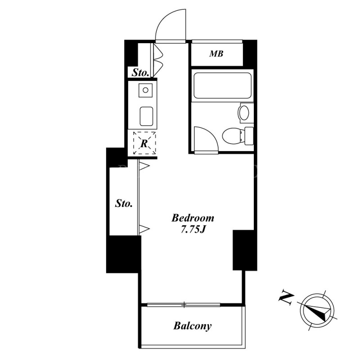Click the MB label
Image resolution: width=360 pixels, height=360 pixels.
click(x=216, y=54)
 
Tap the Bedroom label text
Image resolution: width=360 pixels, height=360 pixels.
click(x=193, y=218)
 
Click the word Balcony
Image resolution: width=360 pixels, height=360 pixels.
click(x=193, y=326)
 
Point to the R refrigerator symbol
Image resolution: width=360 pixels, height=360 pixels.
click(x=144, y=143)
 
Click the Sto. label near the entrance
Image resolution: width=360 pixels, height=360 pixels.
click(x=140, y=73)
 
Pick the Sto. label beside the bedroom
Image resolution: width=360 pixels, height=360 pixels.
click(x=124, y=203)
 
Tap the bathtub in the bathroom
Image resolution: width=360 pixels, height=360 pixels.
click(x=222, y=85)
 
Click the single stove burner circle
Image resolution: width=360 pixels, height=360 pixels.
click(x=145, y=90)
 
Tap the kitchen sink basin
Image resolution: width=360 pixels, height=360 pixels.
click(x=147, y=116)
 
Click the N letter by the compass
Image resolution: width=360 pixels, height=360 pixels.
click(x=286, y=299)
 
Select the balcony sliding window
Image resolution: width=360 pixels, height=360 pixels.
click(x=184, y=305)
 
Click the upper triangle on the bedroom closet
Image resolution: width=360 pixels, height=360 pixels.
click(x=144, y=166)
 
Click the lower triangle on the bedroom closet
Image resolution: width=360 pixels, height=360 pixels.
click(x=144, y=229)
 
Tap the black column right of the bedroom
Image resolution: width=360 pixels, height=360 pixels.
click(x=245, y=250)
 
